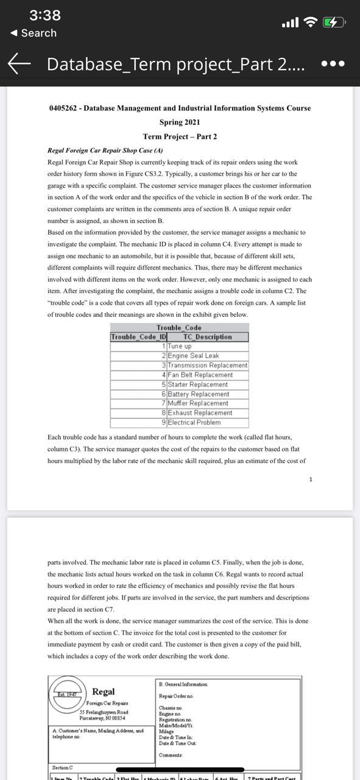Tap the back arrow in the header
[x=20, y=63]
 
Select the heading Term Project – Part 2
[x=180, y=136]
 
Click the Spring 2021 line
[x=180, y=122]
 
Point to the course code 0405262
[x=64, y=108]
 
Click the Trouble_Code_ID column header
[x=139, y=337]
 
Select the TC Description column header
[x=208, y=337]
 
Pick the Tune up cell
[x=180, y=346]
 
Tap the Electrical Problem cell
[x=194, y=422]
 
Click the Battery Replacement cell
[x=198, y=394]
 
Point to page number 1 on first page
[x=311, y=480]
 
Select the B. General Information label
[x=183, y=684]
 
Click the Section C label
[x=63, y=767]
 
